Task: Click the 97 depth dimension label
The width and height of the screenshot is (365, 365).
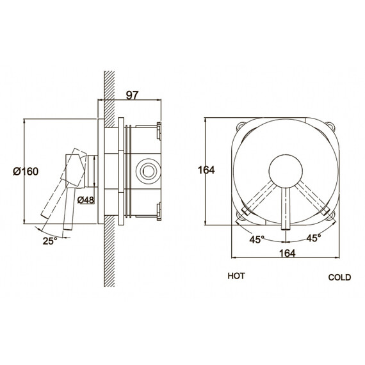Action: point(132,95)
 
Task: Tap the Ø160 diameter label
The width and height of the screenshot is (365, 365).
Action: point(26,172)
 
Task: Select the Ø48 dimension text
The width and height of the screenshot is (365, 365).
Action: point(86,200)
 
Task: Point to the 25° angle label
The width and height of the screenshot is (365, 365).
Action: point(50,241)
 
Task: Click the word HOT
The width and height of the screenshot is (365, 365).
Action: point(236,276)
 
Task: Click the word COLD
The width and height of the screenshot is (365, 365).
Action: point(339,277)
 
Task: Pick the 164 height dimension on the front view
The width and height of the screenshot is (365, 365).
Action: point(206,170)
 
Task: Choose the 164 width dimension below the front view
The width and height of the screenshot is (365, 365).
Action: point(288,253)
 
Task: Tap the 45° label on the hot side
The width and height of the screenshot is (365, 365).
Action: point(257,239)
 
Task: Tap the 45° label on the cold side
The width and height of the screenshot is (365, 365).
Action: point(314,238)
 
